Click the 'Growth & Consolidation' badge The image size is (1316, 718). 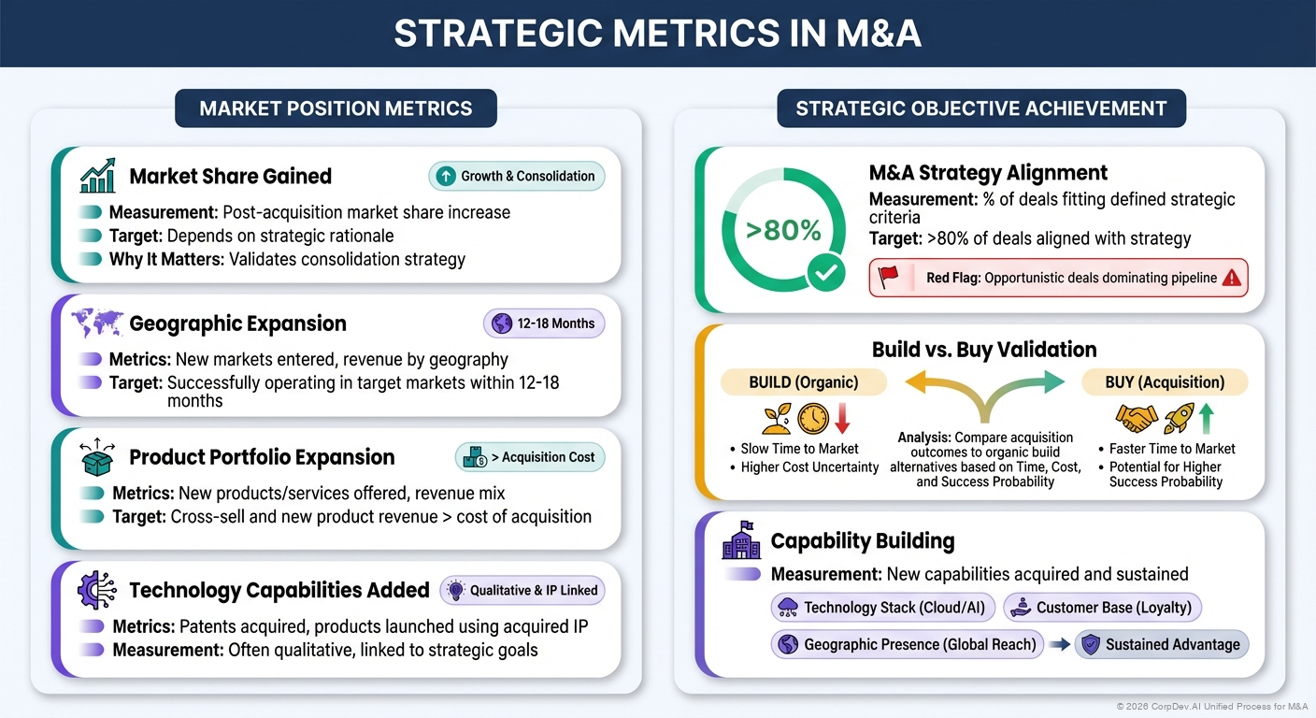[x=517, y=176]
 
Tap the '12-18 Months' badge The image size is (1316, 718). [x=545, y=323]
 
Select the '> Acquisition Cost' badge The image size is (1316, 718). [x=531, y=457]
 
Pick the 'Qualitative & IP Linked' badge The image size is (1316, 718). [x=522, y=590]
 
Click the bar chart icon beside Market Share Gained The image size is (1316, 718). [x=98, y=176]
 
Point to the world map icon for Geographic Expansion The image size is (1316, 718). [x=98, y=323]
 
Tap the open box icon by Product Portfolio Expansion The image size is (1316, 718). [x=98, y=457]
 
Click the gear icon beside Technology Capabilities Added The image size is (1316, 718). [x=98, y=591]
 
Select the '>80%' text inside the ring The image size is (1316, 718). [x=783, y=229]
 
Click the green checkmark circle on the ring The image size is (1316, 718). [x=826, y=273]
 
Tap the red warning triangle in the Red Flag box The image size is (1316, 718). [x=1231, y=278]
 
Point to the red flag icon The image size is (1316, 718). [x=888, y=277]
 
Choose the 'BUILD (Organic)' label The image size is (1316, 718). [x=803, y=381]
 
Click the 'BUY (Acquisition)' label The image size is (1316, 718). [x=1165, y=381]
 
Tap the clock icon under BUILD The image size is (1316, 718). [x=813, y=417]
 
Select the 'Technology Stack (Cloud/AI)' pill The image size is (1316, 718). [x=883, y=608]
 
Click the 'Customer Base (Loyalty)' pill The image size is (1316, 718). [x=1103, y=608]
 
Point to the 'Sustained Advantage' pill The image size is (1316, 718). [x=1162, y=644]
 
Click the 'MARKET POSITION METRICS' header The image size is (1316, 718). [x=336, y=108]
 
